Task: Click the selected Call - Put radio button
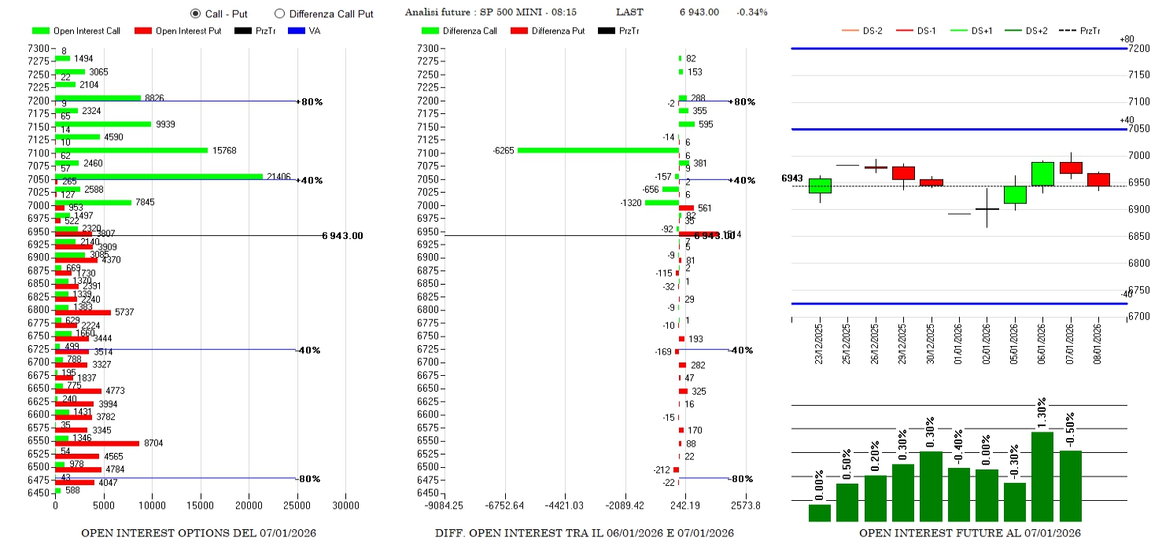[195, 13]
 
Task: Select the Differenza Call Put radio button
[279, 13]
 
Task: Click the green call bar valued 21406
[157, 176]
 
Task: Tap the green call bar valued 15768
[131, 150]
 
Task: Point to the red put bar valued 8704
[97, 443]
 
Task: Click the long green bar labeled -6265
[598, 150]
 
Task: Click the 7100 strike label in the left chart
[38, 153]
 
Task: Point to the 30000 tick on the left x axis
[345, 506]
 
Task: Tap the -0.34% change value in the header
[751, 12]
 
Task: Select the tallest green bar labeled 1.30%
[1042, 476]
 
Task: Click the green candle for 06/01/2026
[1042, 174]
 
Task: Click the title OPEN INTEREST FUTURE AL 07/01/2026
[969, 533]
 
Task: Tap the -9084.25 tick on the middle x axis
[443, 506]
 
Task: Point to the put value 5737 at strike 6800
[124, 312]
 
